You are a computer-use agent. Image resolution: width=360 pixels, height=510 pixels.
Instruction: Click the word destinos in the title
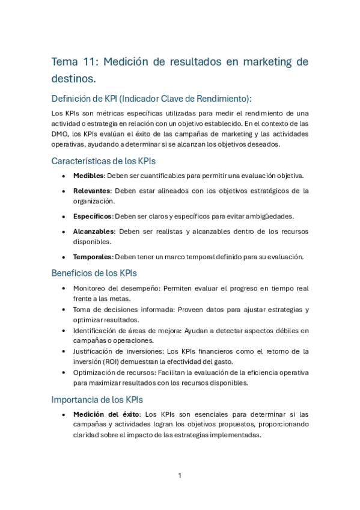tap(72, 78)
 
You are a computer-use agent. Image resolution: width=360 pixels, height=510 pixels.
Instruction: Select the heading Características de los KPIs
tap(104, 161)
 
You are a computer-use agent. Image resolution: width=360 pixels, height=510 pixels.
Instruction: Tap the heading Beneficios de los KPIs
tap(94, 273)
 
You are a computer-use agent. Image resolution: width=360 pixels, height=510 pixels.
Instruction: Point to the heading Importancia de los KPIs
tap(97, 399)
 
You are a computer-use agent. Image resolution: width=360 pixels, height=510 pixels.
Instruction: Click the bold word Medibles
tap(88, 176)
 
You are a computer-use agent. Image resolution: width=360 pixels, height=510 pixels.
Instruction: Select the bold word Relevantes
tap(92, 191)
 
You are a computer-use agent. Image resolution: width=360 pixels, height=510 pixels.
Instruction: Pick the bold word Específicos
tap(92, 217)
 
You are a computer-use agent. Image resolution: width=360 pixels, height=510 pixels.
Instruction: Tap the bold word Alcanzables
tap(93, 232)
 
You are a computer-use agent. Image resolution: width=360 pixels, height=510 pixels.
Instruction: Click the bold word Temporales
tap(93, 257)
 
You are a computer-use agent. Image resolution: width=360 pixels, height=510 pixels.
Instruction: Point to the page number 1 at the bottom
tap(180, 476)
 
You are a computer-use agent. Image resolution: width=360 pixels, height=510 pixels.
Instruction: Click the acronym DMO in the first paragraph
tap(60, 134)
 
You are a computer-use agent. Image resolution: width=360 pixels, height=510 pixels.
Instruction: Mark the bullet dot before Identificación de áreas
tap(64, 331)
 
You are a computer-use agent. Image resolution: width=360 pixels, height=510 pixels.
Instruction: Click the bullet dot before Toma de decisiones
tap(64, 310)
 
